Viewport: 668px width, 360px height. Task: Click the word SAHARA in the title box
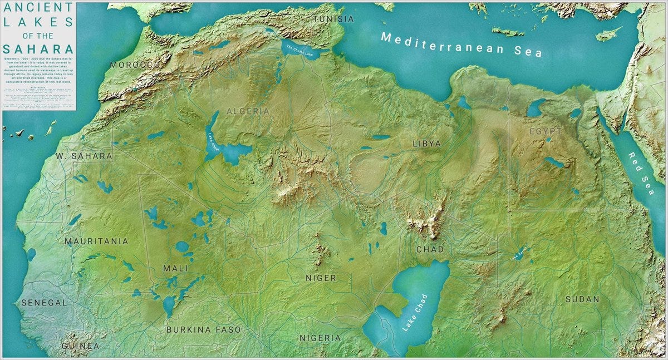coord(38,48)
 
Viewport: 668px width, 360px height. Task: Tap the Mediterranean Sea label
coord(461,45)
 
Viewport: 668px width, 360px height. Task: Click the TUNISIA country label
coord(333,18)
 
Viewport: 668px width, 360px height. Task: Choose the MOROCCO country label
coord(135,65)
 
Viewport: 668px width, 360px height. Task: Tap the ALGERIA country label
coord(248,111)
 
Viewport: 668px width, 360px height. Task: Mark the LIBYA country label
coord(427,144)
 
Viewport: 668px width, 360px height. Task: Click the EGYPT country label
coord(545,131)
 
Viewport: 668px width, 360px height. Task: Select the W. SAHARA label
coord(84,156)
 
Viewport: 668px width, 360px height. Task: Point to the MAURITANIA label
coord(96,241)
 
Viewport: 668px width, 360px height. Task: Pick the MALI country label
coord(175,268)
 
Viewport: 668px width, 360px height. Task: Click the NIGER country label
coord(321,278)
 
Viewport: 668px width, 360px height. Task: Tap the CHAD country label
coord(430,249)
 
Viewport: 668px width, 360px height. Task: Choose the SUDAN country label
coord(582,299)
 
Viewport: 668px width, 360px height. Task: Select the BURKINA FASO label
coord(204,329)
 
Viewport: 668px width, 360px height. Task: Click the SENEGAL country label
coord(44,303)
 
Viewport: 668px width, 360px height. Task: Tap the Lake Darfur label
coord(519,254)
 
